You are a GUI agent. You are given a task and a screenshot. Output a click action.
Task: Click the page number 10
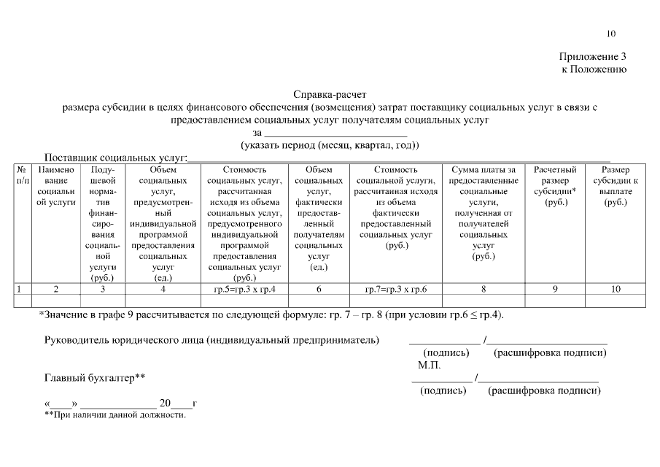[610, 34]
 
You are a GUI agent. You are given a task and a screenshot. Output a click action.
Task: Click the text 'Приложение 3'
[593, 57]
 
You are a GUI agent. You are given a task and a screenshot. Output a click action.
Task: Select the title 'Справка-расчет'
[330, 95]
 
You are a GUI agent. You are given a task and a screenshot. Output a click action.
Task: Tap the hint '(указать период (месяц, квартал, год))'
[330, 145]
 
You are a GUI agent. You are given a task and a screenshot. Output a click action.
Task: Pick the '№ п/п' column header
[22, 174]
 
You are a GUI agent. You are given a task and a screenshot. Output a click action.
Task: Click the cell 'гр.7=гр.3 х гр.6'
[395, 289]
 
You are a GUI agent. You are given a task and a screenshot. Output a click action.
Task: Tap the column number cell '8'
[484, 289]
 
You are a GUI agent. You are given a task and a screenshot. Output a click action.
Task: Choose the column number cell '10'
[616, 289]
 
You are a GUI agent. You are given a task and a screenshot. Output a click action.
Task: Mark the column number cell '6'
[319, 289]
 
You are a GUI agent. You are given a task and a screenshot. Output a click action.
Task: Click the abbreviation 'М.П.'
[430, 364]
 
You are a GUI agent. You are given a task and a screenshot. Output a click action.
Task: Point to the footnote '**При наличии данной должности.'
[115, 415]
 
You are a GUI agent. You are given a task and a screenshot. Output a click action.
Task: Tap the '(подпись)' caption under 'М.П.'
[443, 391]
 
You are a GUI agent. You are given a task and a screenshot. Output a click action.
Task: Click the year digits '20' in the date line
[165, 403]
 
